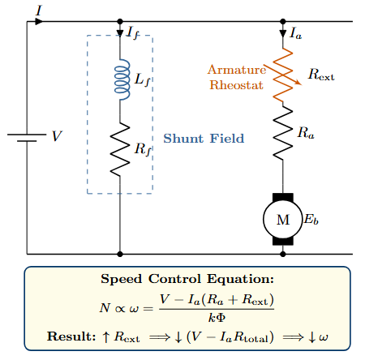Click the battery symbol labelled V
click(x=27, y=136)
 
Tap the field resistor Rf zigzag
click(x=120, y=149)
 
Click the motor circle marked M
click(x=282, y=220)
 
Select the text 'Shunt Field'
click(x=204, y=139)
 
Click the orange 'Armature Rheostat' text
click(x=237, y=77)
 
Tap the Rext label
click(x=321, y=75)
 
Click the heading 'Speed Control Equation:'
click(x=187, y=280)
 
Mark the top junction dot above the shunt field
click(x=120, y=22)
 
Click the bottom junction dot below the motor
click(x=282, y=253)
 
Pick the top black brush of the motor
click(x=282, y=197)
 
